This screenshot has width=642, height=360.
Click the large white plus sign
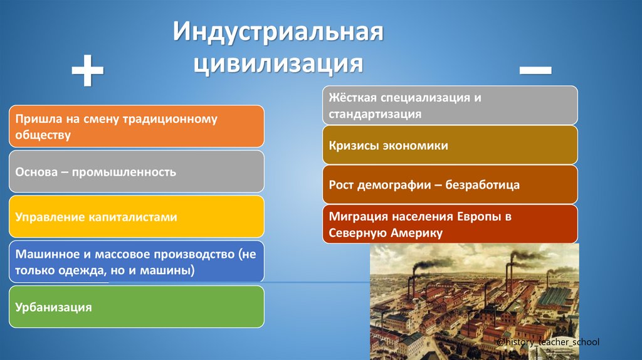pyautogui.click(x=87, y=70)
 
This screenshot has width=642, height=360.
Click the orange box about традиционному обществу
pyautogui.click(x=137, y=126)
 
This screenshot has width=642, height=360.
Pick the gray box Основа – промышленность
pyautogui.click(x=137, y=171)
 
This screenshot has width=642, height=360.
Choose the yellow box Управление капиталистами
pyautogui.click(x=137, y=217)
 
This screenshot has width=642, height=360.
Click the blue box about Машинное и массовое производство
pyautogui.click(x=137, y=262)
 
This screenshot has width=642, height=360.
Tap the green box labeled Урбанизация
pyautogui.click(x=137, y=307)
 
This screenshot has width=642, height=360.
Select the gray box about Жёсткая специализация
pyautogui.click(x=450, y=105)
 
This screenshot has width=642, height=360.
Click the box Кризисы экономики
pyautogui.click(x=450, y=145)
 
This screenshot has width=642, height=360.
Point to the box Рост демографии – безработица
pyautogui.click(x=450, y=185)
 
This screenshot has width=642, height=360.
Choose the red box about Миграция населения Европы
pyautogui.click(x=450, y=224)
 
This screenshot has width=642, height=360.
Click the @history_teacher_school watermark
pyautogui.click(x=547, y=342)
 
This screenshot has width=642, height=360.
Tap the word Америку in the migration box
pyautogui.click(x=414, y=233)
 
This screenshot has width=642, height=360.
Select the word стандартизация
pyautogui.click(x=374, y=114)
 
